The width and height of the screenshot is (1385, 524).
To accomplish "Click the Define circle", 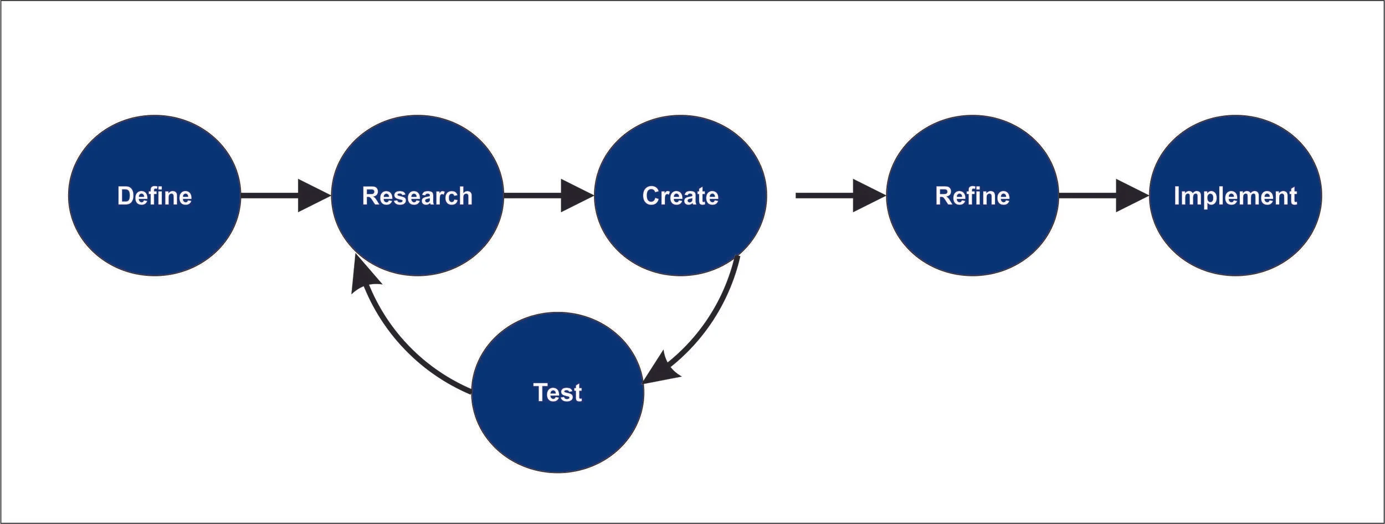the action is (155, 196).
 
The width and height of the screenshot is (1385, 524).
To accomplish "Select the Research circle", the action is (417, 196).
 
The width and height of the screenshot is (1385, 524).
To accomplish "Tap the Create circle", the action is (680, 196).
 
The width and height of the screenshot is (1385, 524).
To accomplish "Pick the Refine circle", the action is (972, 196).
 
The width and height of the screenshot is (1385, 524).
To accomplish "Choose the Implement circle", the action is (1235, 196).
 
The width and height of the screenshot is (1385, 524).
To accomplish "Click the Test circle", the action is (557, 392).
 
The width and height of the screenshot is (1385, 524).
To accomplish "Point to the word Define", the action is (155, 196).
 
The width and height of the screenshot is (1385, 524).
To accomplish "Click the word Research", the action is (417, 196).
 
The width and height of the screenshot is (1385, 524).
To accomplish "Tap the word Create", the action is (680, 196).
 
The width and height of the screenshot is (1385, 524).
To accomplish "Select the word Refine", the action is (972, 196).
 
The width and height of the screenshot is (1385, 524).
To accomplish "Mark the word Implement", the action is (1235, 197).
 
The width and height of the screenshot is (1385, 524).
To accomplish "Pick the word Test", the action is (557, 393).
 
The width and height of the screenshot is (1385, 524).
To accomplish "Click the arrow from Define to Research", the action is (286, 196).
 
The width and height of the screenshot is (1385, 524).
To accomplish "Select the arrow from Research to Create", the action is (549, 196).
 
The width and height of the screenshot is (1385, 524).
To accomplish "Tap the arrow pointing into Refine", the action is (841, 196).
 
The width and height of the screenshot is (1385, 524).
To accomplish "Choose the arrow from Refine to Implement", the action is (1104, 196).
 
